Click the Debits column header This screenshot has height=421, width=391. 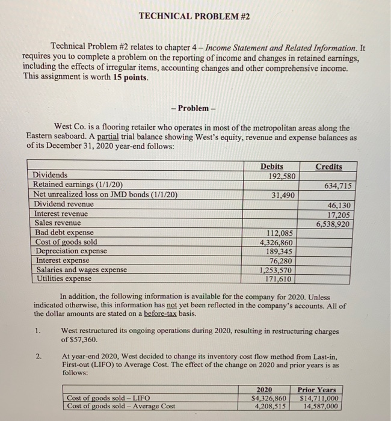click(272, 167)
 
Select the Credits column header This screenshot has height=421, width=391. click(328, 167)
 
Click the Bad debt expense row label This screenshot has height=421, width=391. click(64, 233)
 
